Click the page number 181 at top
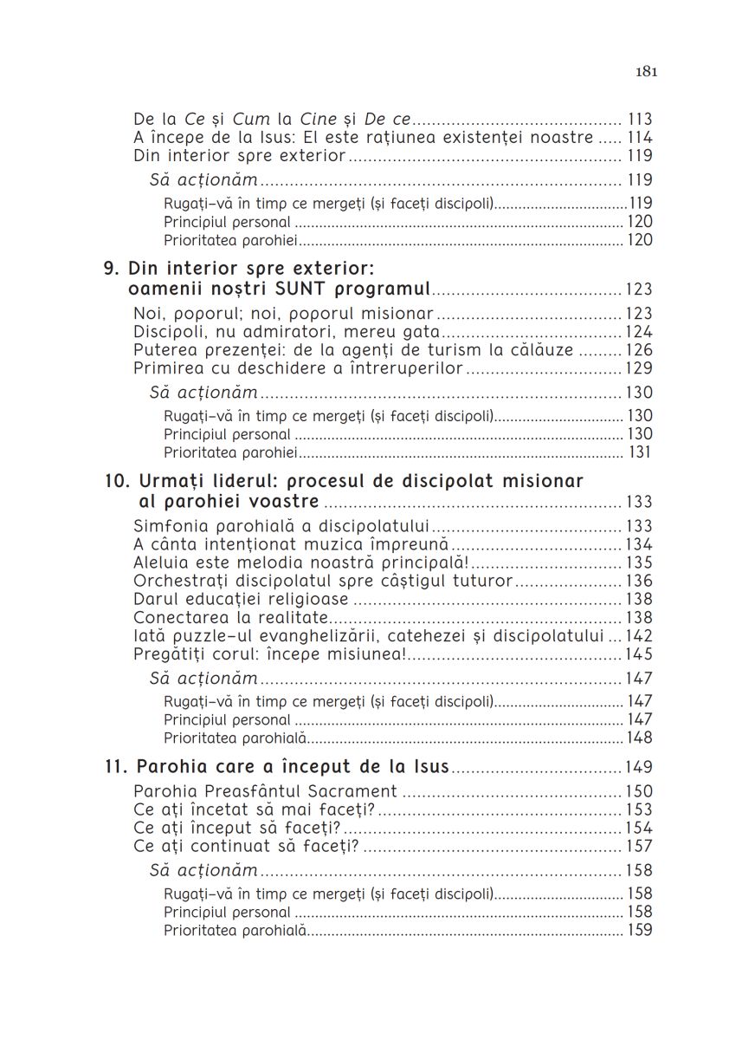(x=646, y=72)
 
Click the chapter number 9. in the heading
(x=112, y=269)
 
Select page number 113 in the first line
(x=640, y=120)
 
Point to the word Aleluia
(x=162, y=562)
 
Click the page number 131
(x=640, y=452)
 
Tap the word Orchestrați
(x=177, y=581)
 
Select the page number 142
(x=640, y=636)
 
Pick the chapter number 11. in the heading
(x=115, y=767)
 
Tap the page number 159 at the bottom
(x=640, y=931)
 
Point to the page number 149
(x=640, y=767)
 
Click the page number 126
(x=640, y=350)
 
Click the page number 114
(x=640, y=138)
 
